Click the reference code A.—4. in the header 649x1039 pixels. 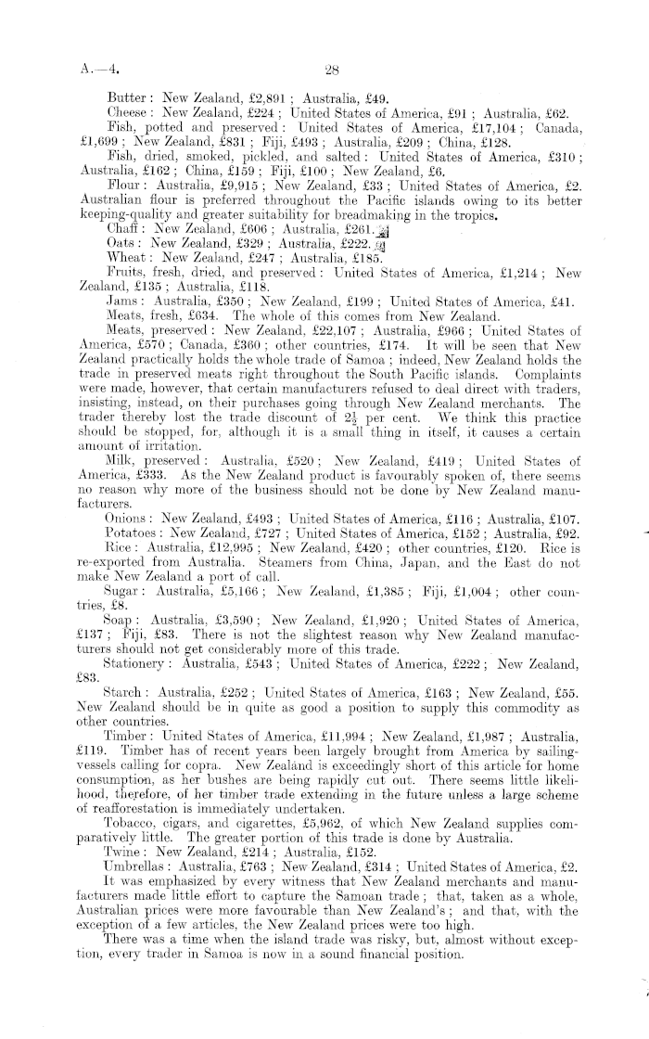101,67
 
